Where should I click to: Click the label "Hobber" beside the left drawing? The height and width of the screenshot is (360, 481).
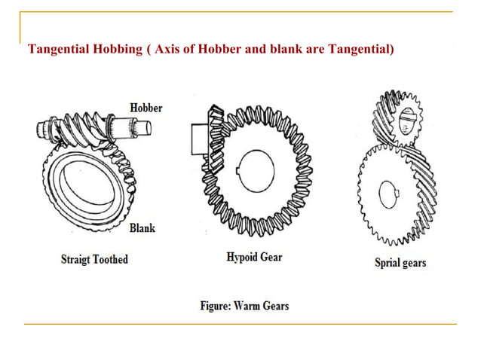(146, 108)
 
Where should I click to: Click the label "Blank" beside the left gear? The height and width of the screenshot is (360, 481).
(142, 227)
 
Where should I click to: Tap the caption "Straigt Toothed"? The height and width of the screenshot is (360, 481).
(94, 260)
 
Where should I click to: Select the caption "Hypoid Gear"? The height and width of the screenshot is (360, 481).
(255, 257)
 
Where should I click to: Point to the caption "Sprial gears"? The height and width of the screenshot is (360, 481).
(400, 263)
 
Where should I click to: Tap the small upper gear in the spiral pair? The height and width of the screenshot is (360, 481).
(399, 118)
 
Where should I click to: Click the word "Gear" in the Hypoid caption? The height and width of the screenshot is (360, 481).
(271, 257)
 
